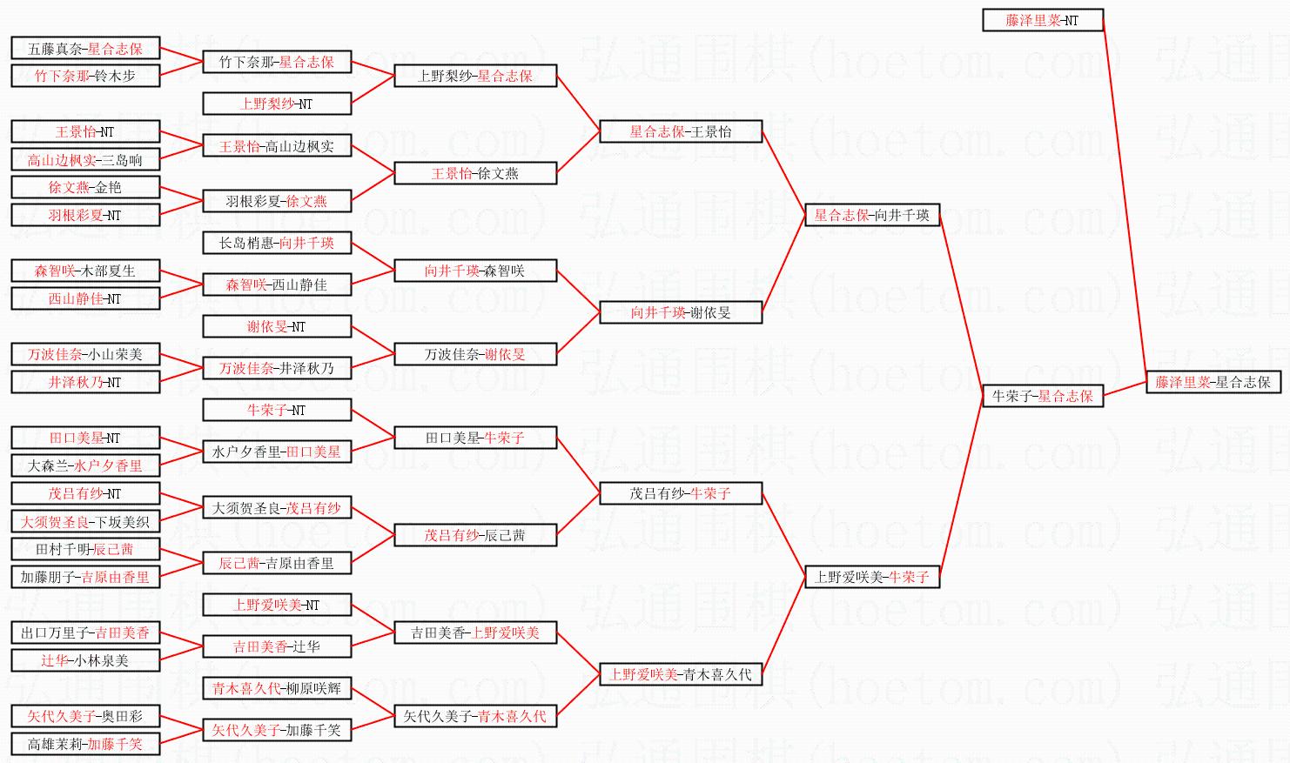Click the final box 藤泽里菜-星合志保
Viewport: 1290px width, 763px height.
[1213, 382]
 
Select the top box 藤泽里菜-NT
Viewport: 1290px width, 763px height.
[1042, 20]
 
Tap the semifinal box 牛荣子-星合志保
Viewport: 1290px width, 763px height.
[1042, 396]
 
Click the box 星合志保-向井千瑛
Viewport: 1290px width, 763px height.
[871, 215]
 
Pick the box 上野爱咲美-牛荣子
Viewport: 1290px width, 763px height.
[871, 577]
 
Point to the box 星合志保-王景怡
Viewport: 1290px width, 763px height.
[680, 131]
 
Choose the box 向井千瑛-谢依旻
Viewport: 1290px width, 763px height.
[680, 312]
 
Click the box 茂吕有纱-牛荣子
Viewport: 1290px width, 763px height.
[680, 493]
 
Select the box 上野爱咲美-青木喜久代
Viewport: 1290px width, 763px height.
[680, 674]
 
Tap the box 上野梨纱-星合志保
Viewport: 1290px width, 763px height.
[474, 76]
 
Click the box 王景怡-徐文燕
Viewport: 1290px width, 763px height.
[474, 173]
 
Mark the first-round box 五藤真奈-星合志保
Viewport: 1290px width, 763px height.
[84, 49]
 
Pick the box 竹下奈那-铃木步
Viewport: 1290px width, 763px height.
[84, 76]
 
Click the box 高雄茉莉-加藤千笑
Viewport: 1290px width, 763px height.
[84, 744]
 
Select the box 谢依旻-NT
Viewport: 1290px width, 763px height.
[276, 326]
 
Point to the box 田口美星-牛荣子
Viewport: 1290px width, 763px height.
[474, 438]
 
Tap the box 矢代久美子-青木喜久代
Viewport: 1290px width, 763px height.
[474, 716]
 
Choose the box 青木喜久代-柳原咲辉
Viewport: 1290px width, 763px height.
[276, 688]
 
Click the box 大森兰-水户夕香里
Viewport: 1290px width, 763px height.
[84, 465]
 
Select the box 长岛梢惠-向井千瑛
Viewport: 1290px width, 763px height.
[276, 243]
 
